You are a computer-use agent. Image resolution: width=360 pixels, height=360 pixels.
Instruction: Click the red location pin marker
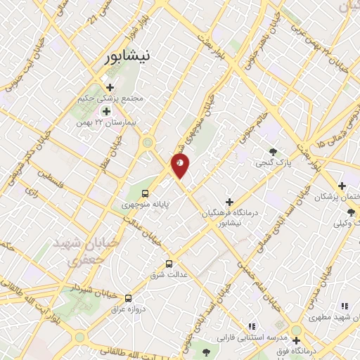[181, 165]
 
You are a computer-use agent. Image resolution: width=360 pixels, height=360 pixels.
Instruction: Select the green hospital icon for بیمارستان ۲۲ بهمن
[106, 111]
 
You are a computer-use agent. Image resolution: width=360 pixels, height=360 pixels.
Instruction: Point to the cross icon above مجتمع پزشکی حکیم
[110, 86]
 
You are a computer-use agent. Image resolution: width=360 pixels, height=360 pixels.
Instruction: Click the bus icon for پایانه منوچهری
[145, 193]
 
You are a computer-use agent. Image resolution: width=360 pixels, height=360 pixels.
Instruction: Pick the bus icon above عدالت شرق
[168, 264]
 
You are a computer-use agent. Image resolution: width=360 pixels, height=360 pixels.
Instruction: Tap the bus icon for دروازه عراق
[127, 297]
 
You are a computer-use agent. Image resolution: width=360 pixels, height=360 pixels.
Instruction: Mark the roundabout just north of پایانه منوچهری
[148, 143]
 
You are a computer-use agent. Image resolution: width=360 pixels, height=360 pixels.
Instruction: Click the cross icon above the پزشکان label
[342, 186]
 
